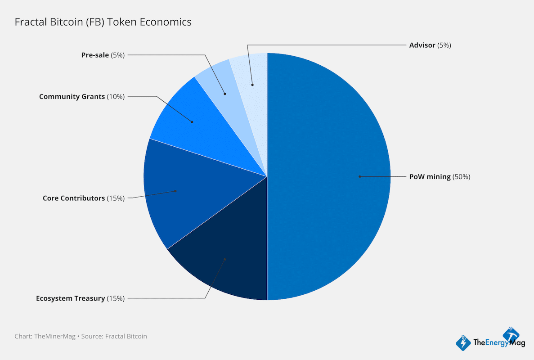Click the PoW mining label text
430,177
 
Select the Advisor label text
422,45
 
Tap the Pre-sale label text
95,55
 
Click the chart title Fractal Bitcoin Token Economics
103,22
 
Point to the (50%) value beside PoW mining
461,177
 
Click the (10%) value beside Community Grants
116,96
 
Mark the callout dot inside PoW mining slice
359,176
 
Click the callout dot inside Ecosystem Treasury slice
224,259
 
